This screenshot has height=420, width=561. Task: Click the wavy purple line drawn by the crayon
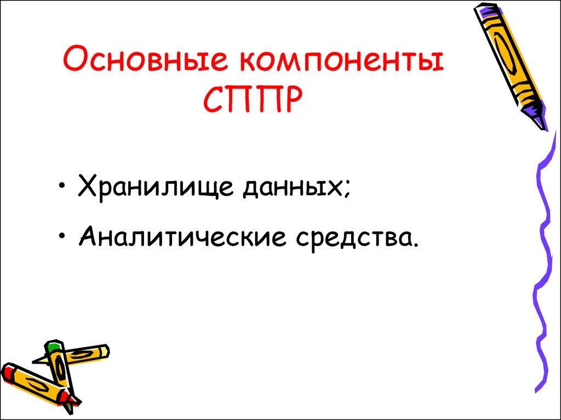542,246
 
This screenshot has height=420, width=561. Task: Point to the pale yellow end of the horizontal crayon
103,351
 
